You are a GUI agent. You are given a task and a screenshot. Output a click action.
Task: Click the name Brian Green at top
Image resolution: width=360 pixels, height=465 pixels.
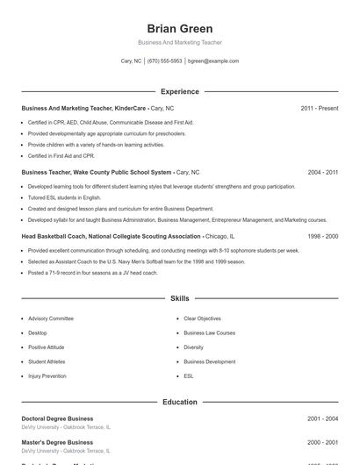(x=180, y=29)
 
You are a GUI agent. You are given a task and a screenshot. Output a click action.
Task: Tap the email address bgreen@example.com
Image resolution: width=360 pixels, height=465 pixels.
(x=213, y=61)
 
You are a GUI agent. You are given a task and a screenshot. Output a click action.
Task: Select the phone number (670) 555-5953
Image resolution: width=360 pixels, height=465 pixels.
(x=164, y=61)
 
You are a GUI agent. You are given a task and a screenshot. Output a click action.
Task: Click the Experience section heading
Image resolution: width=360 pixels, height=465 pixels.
(x=180, y=91)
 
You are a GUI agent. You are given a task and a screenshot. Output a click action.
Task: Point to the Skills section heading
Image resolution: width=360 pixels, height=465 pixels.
(x=180, y=299)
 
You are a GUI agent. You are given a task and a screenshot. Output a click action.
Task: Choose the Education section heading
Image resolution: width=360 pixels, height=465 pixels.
(x=180, y=402)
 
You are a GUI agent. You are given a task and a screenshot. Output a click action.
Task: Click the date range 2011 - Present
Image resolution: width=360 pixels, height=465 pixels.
(x=319, y=108)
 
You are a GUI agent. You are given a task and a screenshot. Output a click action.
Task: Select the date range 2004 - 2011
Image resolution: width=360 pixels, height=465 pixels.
(x=322, y=173)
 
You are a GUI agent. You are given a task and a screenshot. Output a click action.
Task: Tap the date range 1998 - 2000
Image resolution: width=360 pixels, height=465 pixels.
(x=322, y=236)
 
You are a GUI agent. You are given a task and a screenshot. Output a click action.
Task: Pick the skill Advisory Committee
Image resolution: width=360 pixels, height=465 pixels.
(x=51, y=318)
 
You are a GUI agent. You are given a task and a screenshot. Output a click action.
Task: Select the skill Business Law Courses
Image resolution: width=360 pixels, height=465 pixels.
(x=209, y=333)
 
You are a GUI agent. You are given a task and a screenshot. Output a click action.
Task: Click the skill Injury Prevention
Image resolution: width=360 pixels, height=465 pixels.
(x=47, y=376)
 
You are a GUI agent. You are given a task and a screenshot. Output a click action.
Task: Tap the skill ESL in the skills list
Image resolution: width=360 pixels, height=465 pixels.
(x=189, y=376)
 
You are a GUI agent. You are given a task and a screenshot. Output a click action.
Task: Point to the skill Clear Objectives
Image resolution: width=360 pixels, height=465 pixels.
(x=202, y=318)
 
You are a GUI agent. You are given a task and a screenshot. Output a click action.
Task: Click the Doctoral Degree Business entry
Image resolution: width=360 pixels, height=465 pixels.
(x=57, y=418)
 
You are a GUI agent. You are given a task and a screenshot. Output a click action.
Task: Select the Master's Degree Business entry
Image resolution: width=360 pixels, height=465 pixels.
(x=57, y=442)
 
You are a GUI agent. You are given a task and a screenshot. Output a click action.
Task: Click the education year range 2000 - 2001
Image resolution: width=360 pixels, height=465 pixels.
(x=322, y=442)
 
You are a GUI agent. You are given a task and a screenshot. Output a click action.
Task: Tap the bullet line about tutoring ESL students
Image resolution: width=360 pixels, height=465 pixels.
(x=67, y=198)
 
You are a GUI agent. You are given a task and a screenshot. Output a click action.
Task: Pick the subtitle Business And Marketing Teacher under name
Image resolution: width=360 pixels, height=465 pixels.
(x=180, y=42)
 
